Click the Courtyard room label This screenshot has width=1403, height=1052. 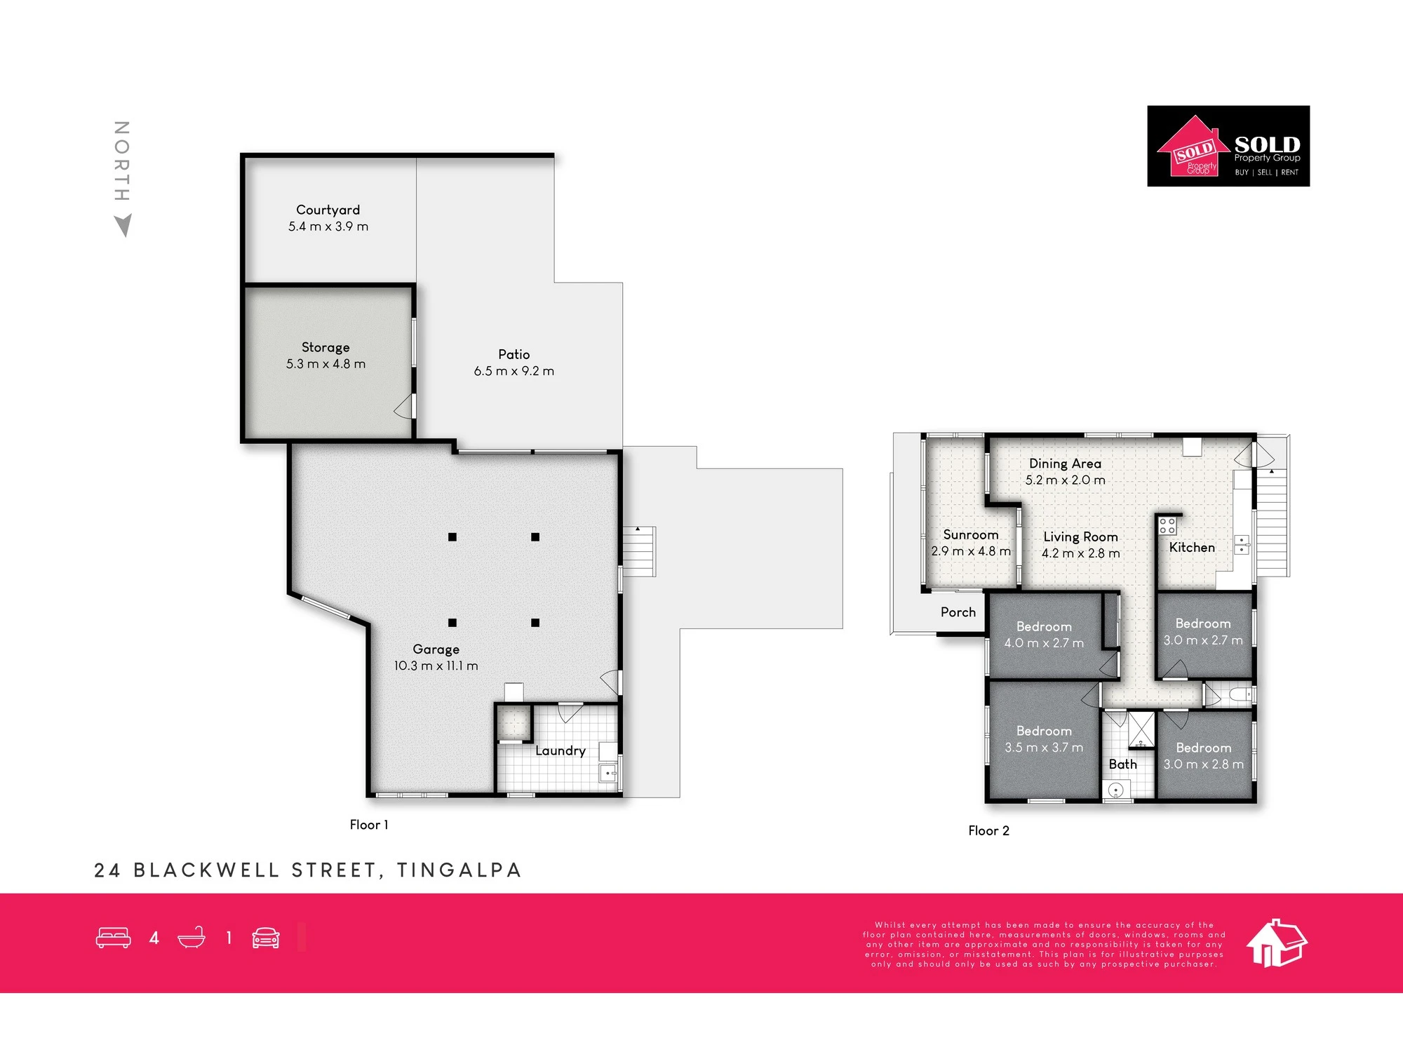coord(328,210)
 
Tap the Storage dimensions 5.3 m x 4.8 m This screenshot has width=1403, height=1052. coord(325,364)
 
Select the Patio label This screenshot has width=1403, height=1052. coord(513,354)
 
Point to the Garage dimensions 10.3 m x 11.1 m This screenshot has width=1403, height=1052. coord(436,666)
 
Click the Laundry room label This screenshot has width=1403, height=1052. coord(560,751)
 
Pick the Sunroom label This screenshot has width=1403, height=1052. coord(970,534)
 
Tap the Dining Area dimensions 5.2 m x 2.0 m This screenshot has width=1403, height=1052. coord(1065,480)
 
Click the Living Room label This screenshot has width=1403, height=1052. coord(1080,537)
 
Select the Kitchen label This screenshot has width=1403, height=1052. coord(1192,548)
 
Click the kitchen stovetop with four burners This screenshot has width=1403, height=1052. coord(1167,526)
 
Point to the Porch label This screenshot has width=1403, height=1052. coord(958,612)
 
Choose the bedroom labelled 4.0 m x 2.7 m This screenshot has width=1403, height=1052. coord(1044,635)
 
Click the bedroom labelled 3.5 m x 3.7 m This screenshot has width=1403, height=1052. coord(1044,739)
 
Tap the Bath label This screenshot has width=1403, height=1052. coord(1122,764)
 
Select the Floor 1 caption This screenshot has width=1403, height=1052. coord(368,825)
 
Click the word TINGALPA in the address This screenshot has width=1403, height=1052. coord(459,870)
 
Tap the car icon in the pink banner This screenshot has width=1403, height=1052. coord(266,938)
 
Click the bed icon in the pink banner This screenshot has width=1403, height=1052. coord(113,938)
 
